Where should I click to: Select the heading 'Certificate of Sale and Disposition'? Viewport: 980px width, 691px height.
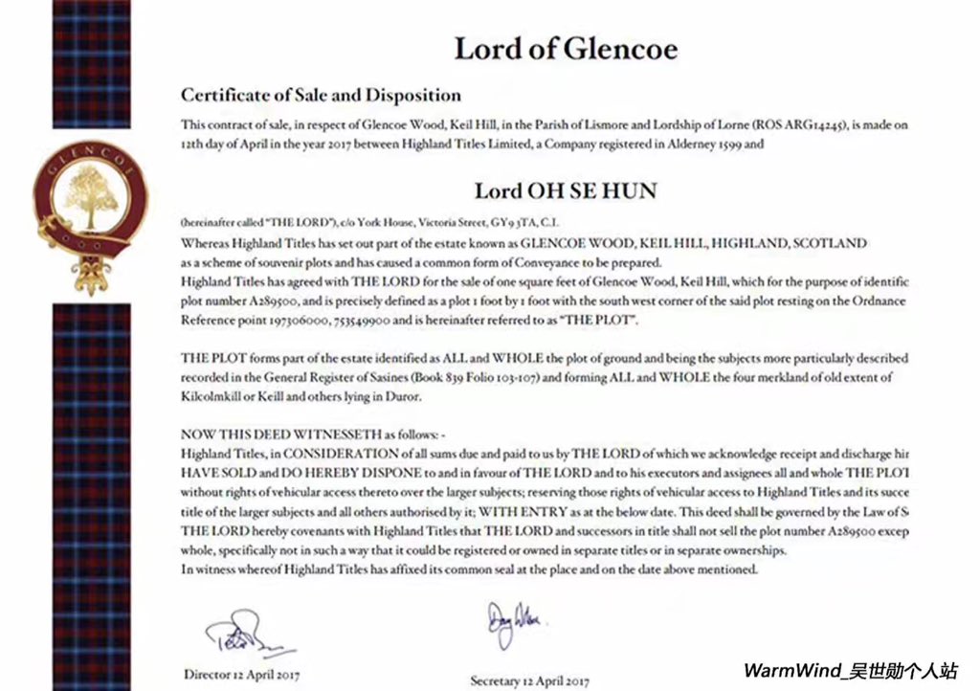[321, 96]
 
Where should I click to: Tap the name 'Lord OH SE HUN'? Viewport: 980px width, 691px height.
[566, 190]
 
